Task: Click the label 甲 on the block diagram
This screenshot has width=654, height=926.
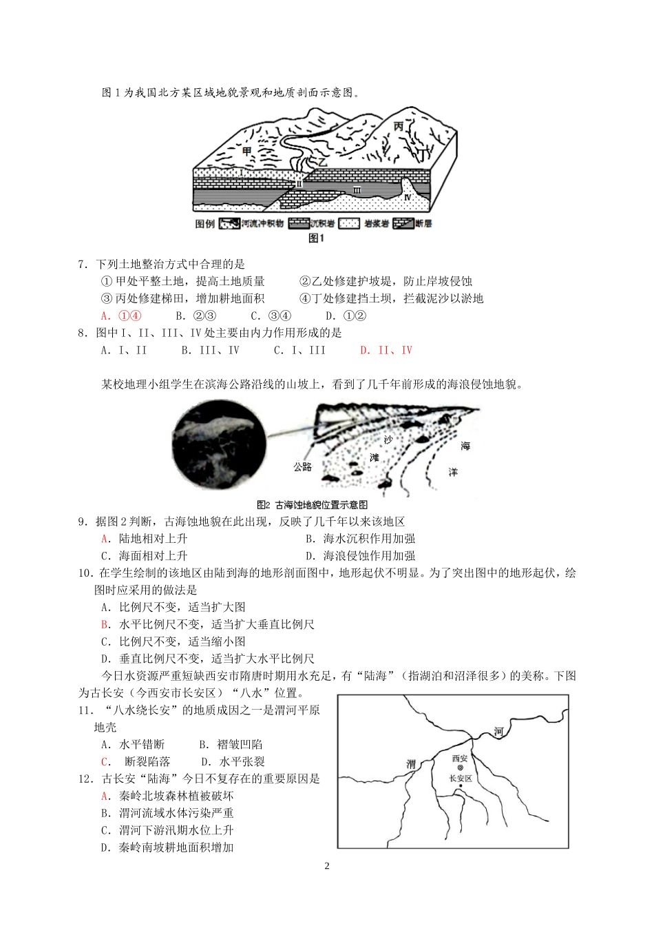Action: tap(249, 150)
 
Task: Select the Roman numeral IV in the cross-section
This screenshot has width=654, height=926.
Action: tap(408, 196)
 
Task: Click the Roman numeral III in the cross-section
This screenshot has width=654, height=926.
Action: tap(357, 189)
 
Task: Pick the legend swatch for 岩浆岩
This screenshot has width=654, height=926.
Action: tap(352, 224)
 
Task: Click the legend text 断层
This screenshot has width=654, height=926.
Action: tap(423, 224)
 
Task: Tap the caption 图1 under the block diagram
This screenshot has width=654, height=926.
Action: tap(316, 238)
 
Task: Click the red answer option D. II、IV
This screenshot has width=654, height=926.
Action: tap(386, 350)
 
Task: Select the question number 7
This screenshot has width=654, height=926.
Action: tap(83, 264)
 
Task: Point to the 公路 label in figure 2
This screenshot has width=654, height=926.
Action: tap(302, 466)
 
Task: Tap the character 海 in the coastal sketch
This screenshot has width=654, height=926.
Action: tap(465, 446)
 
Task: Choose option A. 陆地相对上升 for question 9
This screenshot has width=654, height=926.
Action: tap(144, 539)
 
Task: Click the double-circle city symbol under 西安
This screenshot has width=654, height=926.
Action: tap(460, 767)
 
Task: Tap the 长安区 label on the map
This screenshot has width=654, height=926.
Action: tap(460, 779)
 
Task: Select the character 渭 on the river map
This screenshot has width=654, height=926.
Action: tap(411, 764)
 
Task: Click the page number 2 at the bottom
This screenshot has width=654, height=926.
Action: tap(327, 866)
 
